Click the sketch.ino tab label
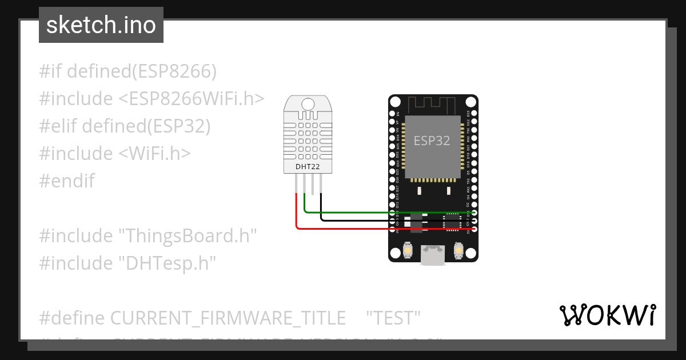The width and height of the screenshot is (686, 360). pyautogui.click(x=101, y=25)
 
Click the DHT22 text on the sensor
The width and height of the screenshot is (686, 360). pyautogui.click(x=308, y=167)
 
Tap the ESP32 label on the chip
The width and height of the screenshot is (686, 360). pyautogui.click(x=432, y=141)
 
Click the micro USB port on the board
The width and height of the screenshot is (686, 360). pyautogui.click(x=433, y=255)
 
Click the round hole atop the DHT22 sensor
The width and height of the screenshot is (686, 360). pyautogui.click(x=308, y=104)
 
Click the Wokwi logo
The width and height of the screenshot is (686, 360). pyautogui.click(x=607, y=315)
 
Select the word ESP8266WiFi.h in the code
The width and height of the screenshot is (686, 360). pyautogui.click(x=192, y=99)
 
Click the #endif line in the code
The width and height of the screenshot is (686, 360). pyautogui.click(x=67, y=181)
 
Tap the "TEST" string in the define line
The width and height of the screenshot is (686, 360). pyautogui.click(x=393, y=317)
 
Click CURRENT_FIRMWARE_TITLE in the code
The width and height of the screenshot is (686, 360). pyautogui.click(x=228, y=317)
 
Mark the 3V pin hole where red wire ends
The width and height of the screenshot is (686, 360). pyautogui.click(x=473, y=229)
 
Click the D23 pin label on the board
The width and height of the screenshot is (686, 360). pyautogui.click(x=468, y=113)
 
